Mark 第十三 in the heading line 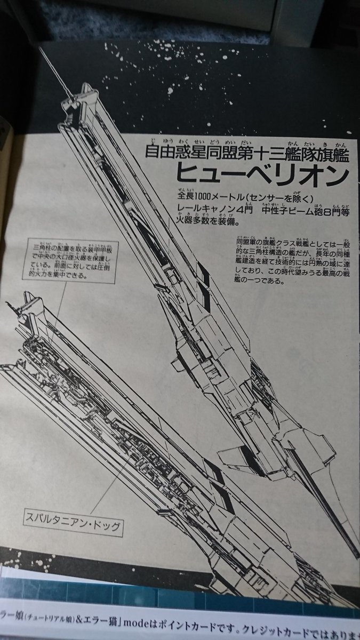(x=245, y=153)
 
